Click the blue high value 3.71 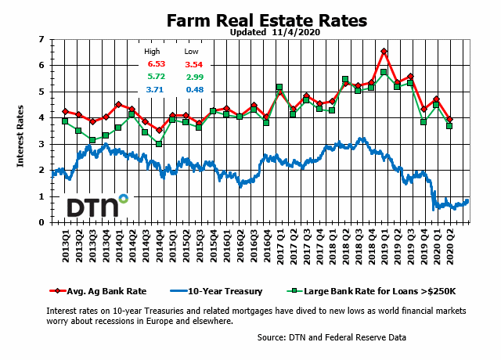[x=157, y=90]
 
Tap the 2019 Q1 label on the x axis [x=384, y=243]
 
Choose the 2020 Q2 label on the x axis [x=450, y=243]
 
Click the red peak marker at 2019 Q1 [x=384, y=52]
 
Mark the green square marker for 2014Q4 [x=159, y=144]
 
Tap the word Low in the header [x=191, y=51]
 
